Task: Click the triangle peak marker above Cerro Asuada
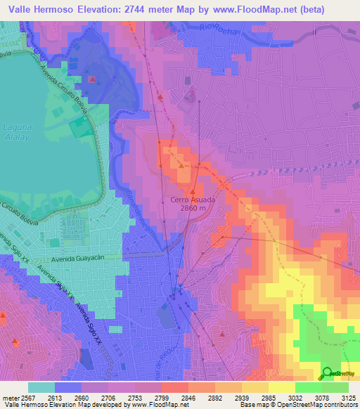point(193,189)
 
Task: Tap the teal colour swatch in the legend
point(41,387)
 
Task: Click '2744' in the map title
point(139,10)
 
